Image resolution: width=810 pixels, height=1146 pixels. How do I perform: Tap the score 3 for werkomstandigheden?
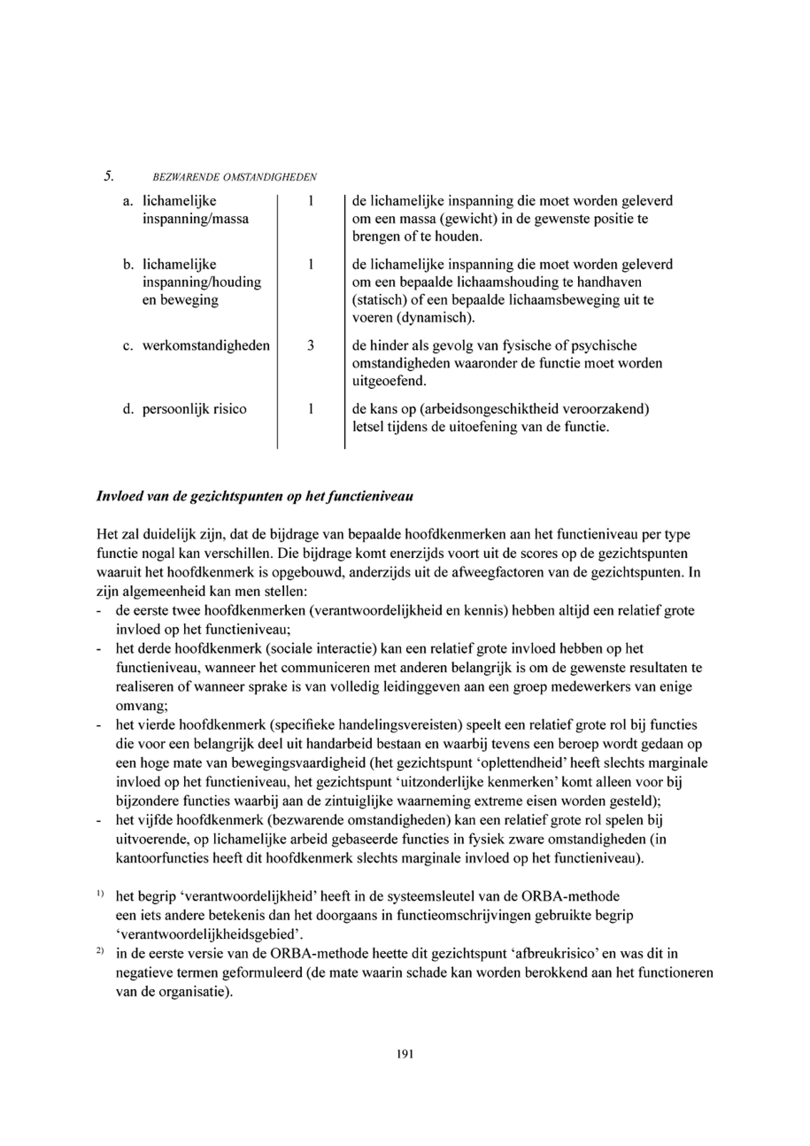point(310,345)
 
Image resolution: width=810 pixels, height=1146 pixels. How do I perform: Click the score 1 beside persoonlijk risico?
point(310,409)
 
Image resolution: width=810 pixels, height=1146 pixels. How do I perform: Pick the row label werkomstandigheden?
point(206,345)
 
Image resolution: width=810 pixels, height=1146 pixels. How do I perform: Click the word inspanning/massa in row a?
point(196,219)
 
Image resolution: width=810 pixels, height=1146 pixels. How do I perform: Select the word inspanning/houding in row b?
point(202,283)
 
